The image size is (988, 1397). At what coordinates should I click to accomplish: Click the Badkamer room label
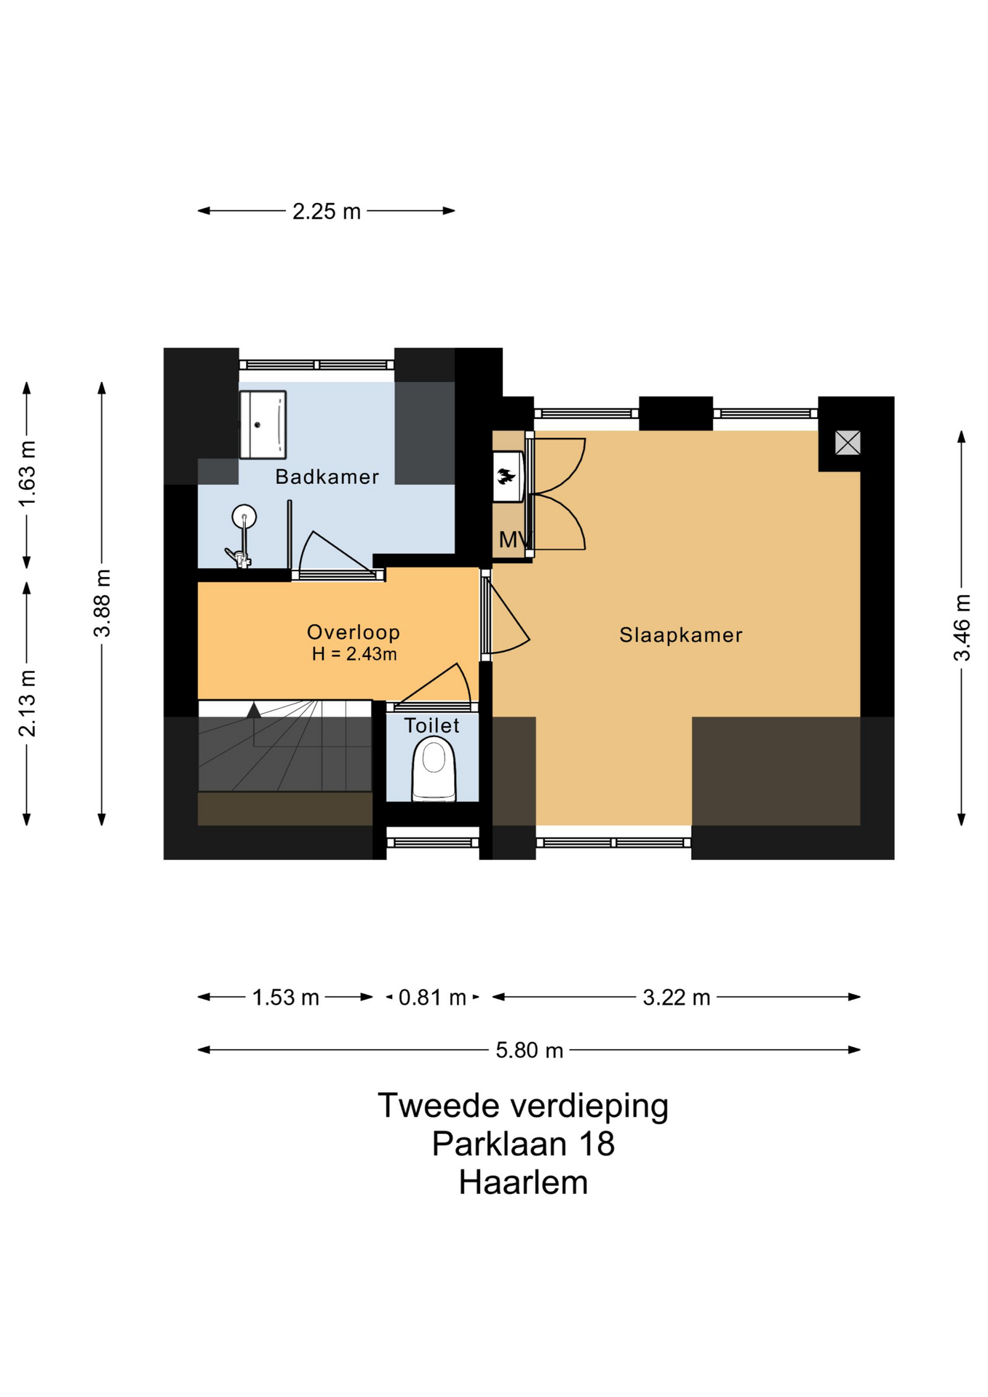coord(327,477)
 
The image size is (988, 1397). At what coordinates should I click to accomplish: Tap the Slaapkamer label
coord(681,635)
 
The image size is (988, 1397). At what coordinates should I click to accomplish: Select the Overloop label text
coord(354,632)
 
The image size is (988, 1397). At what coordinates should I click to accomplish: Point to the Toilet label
coord(432,725)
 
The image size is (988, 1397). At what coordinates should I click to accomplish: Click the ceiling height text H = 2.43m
coord(354,654)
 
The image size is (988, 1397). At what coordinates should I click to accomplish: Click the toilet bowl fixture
coord(434,768)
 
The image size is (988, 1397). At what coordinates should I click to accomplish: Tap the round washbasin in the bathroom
coord(244,517)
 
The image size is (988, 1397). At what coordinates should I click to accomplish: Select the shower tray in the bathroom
coord(263,424)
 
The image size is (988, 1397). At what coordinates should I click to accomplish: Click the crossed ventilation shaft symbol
coord(848,442)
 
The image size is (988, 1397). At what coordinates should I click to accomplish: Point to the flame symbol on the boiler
coord(506,477)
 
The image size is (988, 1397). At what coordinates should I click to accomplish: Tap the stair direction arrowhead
coord(253,710)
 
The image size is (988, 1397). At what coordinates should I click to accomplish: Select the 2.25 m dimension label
coord(327,211)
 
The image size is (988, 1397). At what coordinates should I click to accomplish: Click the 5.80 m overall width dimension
coord(530,1050)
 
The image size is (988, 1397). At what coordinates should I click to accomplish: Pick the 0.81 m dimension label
coord(432,997)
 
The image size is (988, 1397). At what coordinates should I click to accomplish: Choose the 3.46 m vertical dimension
coord(962,627)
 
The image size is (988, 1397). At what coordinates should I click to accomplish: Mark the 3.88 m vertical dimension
coord(102,603)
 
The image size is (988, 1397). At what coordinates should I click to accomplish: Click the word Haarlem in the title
coord(523,1182)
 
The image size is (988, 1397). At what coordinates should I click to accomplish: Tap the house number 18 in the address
coord(597,1144)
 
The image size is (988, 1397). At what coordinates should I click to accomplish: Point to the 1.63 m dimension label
coord(27,474)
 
